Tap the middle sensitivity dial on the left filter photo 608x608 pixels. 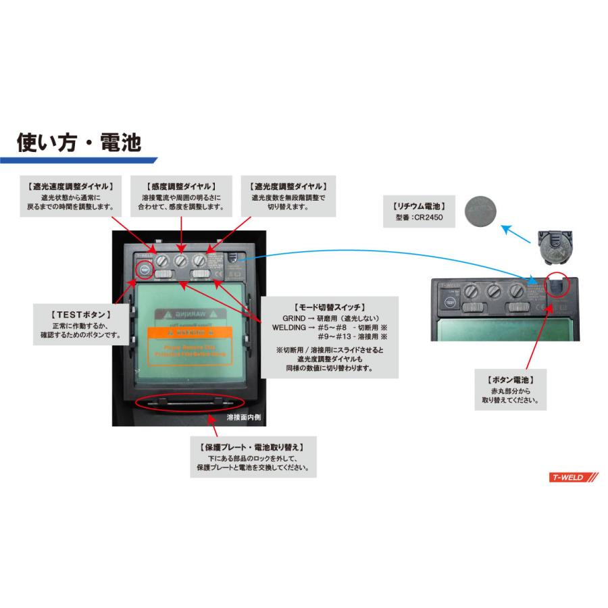pos(180,260)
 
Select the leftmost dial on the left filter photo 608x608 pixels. pos(162,260)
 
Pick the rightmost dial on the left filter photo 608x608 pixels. pos(199,260)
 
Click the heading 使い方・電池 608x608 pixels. pos(79,143)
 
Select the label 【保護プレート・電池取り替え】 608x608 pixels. pos(252,447)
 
